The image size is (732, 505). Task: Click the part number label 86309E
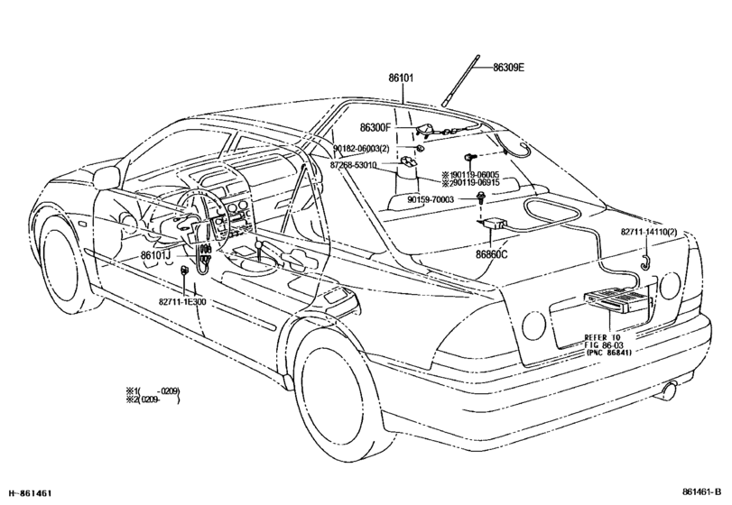(508, 68)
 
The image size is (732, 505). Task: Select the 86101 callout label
(401, 78)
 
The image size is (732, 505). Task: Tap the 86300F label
(375, 127)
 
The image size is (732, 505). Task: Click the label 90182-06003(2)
(361, 148)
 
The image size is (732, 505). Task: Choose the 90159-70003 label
(431, 199)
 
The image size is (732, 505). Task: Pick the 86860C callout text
(492, 254)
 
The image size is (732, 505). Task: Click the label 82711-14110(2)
(649, 232)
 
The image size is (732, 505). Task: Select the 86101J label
(155, 255)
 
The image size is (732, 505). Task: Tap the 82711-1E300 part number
(181, 302)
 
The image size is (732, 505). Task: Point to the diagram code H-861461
(30, 492)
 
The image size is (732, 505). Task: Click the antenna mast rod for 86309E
(461, 80)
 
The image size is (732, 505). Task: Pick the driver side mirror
(107, 176)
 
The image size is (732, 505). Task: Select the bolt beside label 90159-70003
(480, 197)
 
